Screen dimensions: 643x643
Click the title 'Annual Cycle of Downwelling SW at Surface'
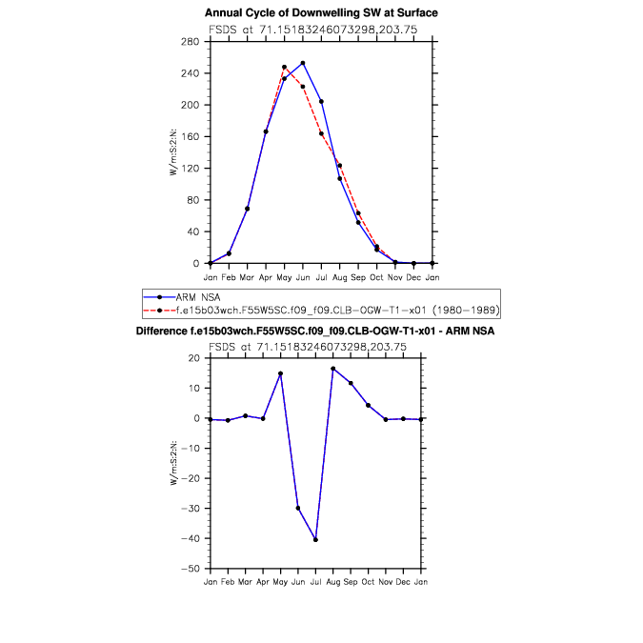click(321, 12)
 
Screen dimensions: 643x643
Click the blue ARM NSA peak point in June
click(302, 63)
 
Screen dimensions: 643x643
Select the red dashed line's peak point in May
click(284, 68)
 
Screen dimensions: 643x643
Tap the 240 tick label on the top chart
click(191, 73)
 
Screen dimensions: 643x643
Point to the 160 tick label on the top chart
click(191, 136)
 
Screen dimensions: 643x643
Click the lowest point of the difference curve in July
click(315, 539)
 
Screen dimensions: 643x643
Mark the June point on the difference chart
click(298, 508)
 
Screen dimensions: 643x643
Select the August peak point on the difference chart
click(333, 369)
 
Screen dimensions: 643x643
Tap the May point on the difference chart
click(280, 373)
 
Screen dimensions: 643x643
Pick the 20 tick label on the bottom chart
click(193, 358)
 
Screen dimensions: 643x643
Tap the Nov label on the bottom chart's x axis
click(386, 581)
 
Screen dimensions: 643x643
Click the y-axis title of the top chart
click(174, 152)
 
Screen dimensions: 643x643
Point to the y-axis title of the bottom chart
click(174, 464)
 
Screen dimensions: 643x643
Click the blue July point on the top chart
click(321, 101)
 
